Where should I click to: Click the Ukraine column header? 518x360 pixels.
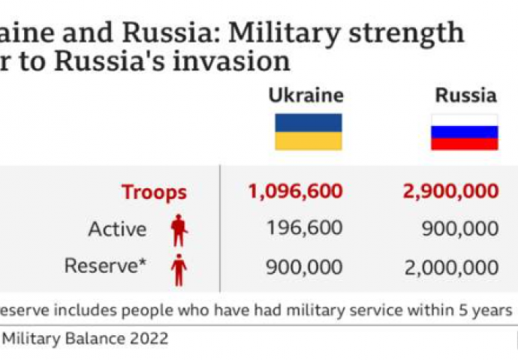306,95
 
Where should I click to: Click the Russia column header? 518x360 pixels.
465,95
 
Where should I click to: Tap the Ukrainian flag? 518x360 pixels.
308,131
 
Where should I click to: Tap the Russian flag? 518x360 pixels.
464,131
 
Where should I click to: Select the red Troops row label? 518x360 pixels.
154,191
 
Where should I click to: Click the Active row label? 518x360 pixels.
117,229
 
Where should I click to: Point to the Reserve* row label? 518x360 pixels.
105,266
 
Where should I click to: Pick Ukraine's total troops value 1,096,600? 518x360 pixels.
294,191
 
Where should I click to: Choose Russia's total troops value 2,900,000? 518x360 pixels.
450,191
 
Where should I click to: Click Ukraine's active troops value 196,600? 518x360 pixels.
305,229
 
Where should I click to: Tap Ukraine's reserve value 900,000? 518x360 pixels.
305,266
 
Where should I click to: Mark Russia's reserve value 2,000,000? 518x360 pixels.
450,266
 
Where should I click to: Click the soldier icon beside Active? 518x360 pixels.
178,230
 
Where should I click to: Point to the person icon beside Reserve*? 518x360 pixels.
178,269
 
